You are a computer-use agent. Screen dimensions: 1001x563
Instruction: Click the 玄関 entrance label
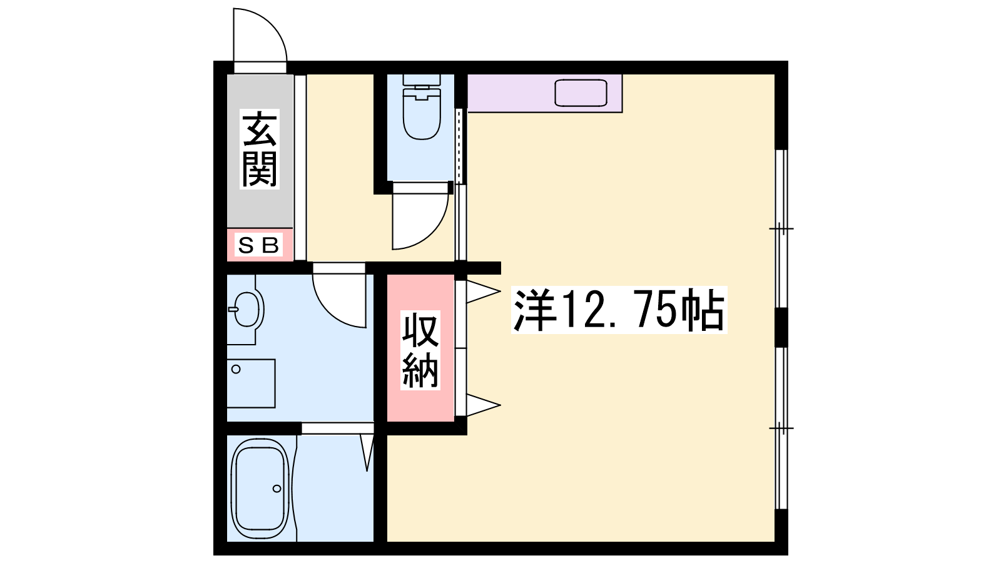click(260, 150)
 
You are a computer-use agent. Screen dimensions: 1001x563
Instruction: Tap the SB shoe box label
click(259, 245)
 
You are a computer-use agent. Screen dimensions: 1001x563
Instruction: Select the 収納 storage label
click(420, 350)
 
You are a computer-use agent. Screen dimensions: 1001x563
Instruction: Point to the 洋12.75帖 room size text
click(619, 310)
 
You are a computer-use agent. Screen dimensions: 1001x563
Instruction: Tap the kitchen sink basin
click(581, 93)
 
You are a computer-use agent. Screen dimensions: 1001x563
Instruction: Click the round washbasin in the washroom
click(246, 309)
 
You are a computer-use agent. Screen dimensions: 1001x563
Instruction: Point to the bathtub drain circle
click(277, 489)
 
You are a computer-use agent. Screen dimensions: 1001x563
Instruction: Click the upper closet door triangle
click(483, 292)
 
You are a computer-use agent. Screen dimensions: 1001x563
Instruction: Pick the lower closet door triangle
click(483, 405)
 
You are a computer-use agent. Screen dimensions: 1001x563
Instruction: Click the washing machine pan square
click(251, 383)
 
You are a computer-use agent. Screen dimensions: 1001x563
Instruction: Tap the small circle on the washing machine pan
click(236, 369)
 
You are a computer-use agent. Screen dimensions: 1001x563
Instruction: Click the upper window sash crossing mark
click(781, 229)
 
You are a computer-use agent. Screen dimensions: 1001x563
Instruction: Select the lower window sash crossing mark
click(781, 428)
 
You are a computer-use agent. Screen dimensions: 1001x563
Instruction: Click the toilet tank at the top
click(422, 80)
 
